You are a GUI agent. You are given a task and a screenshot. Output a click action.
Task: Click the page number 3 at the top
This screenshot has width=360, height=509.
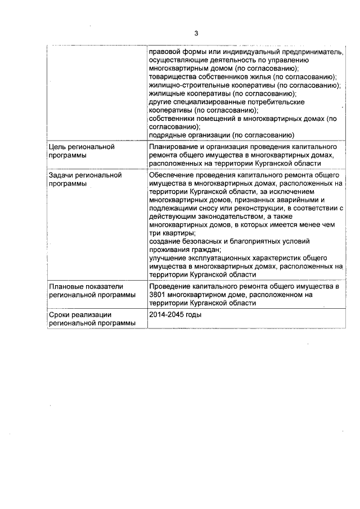point(196,33)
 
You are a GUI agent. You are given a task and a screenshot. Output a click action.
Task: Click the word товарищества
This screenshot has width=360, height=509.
point(172,76)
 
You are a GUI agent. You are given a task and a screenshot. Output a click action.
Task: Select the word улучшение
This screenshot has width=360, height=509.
point(167,258)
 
